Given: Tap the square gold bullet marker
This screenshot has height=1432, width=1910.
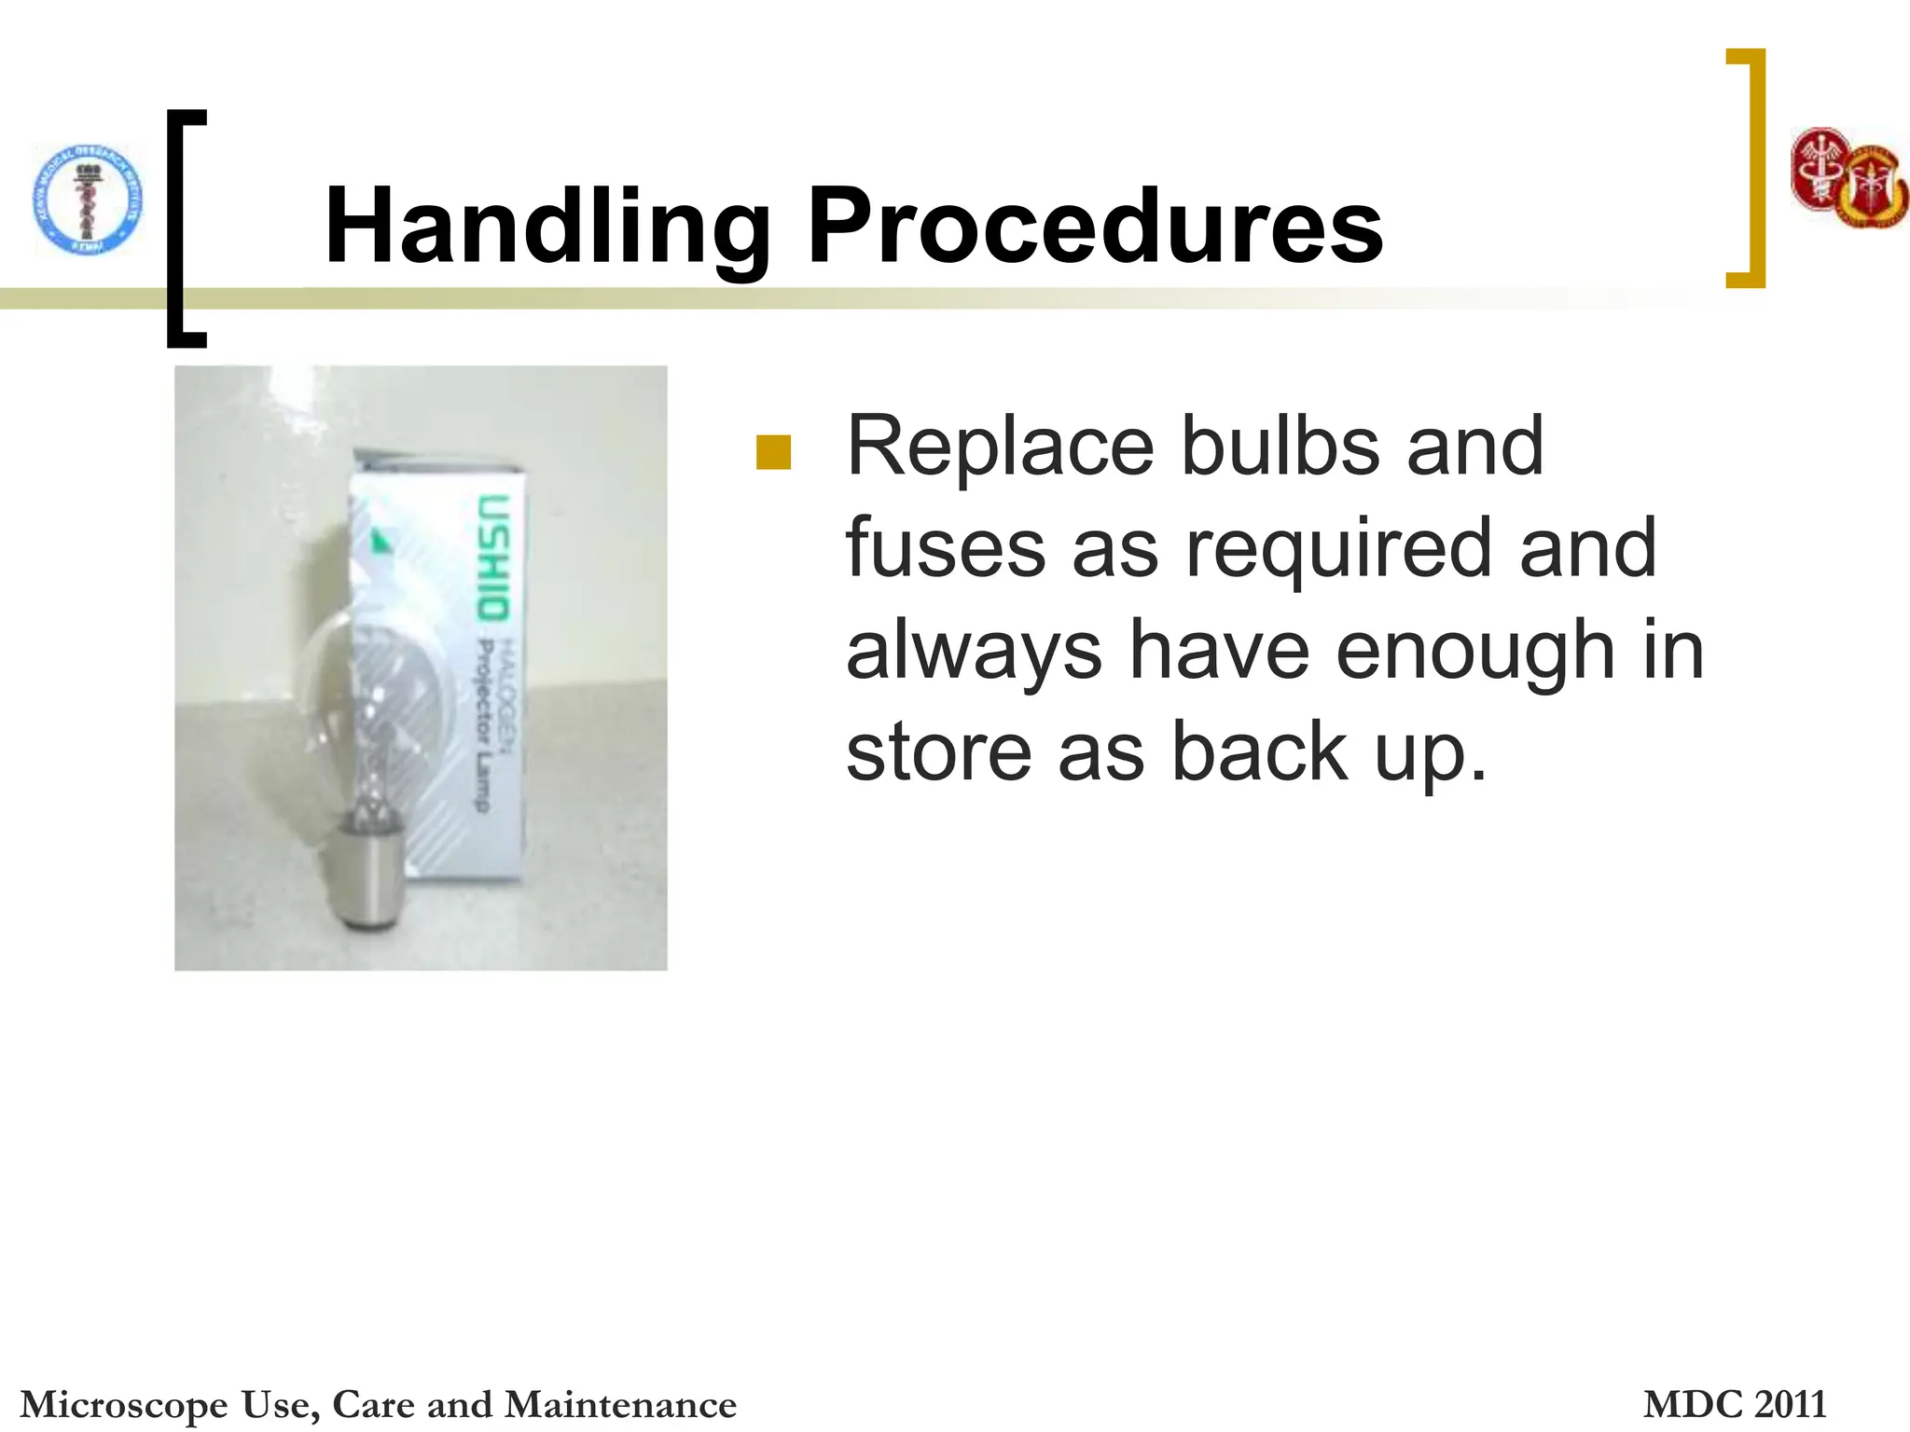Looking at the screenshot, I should (x=773, y=453).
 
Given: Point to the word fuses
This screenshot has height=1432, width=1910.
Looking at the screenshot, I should (x=946, y=550).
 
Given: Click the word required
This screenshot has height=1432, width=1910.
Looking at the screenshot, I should (x=1339, y=550).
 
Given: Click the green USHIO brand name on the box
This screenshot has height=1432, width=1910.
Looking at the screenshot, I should (x=493, y=557).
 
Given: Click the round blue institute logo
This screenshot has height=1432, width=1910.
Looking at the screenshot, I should (x=88, y=200).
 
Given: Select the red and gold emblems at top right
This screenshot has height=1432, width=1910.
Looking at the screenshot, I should (x=1848, y=179).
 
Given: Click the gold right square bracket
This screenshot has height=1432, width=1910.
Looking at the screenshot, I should (x=1750, y=168).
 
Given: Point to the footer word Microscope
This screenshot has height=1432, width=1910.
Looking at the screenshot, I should (x=124, y=1404).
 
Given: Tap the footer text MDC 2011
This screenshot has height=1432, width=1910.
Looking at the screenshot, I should (x=1734, y=1404).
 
